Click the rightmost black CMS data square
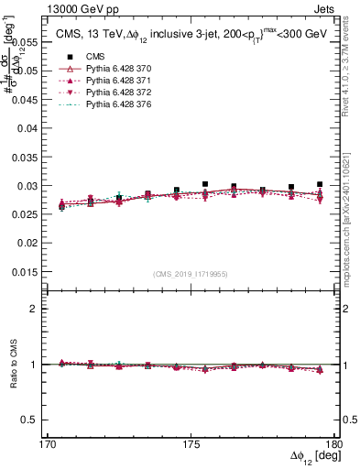coord(320,184)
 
